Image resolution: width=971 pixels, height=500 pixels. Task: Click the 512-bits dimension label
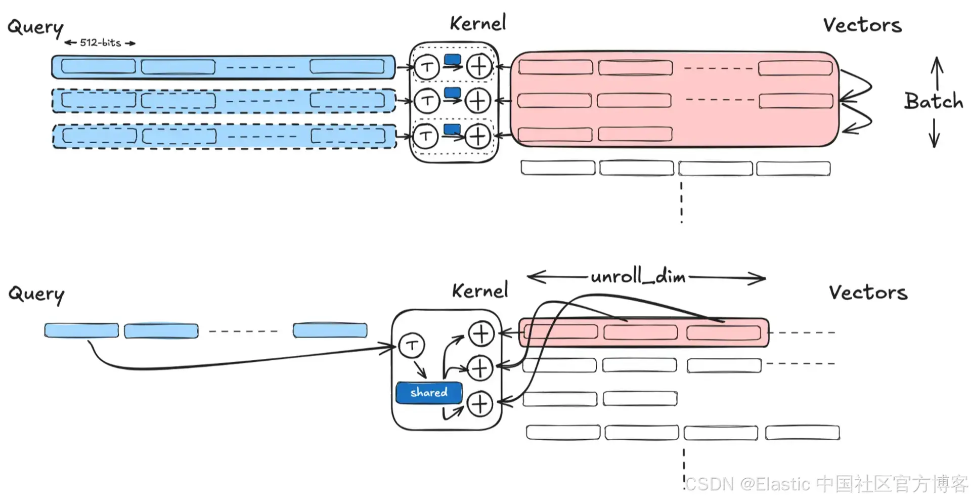tap(100, 43)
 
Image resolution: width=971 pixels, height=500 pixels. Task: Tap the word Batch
tap(934, 101)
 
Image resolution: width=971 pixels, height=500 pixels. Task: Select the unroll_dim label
tap(638, 276)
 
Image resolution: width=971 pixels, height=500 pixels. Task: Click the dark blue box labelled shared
tap(429, 393)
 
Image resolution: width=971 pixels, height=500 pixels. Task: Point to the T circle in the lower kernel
tap(412, 346)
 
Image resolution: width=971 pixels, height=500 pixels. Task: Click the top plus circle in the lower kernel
tap(481, 334)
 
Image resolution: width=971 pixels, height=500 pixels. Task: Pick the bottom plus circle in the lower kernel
tap(479, 404)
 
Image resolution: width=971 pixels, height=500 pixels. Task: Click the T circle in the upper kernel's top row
tap(427, 67)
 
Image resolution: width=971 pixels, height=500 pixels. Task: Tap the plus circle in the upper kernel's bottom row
tap(478, 137)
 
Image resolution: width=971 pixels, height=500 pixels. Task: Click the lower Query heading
tap(36, 295)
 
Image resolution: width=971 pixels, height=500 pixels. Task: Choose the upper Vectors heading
tap(862, 25)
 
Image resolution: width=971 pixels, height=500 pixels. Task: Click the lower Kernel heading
tap(480, 290)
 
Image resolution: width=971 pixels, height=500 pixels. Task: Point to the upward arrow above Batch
tap(937, 73)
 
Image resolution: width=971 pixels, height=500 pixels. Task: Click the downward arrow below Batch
tap(935, 133)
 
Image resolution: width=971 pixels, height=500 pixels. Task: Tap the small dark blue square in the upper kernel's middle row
tap(452, 93)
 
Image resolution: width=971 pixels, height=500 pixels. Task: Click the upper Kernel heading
tap(478, 23)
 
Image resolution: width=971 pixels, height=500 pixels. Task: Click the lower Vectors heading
tap(868, 293)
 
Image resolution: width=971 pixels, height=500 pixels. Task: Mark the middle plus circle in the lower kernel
tap(480, 368)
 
